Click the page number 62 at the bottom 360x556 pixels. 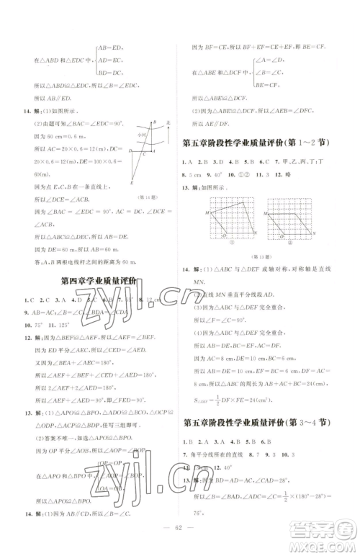[180, 535]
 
